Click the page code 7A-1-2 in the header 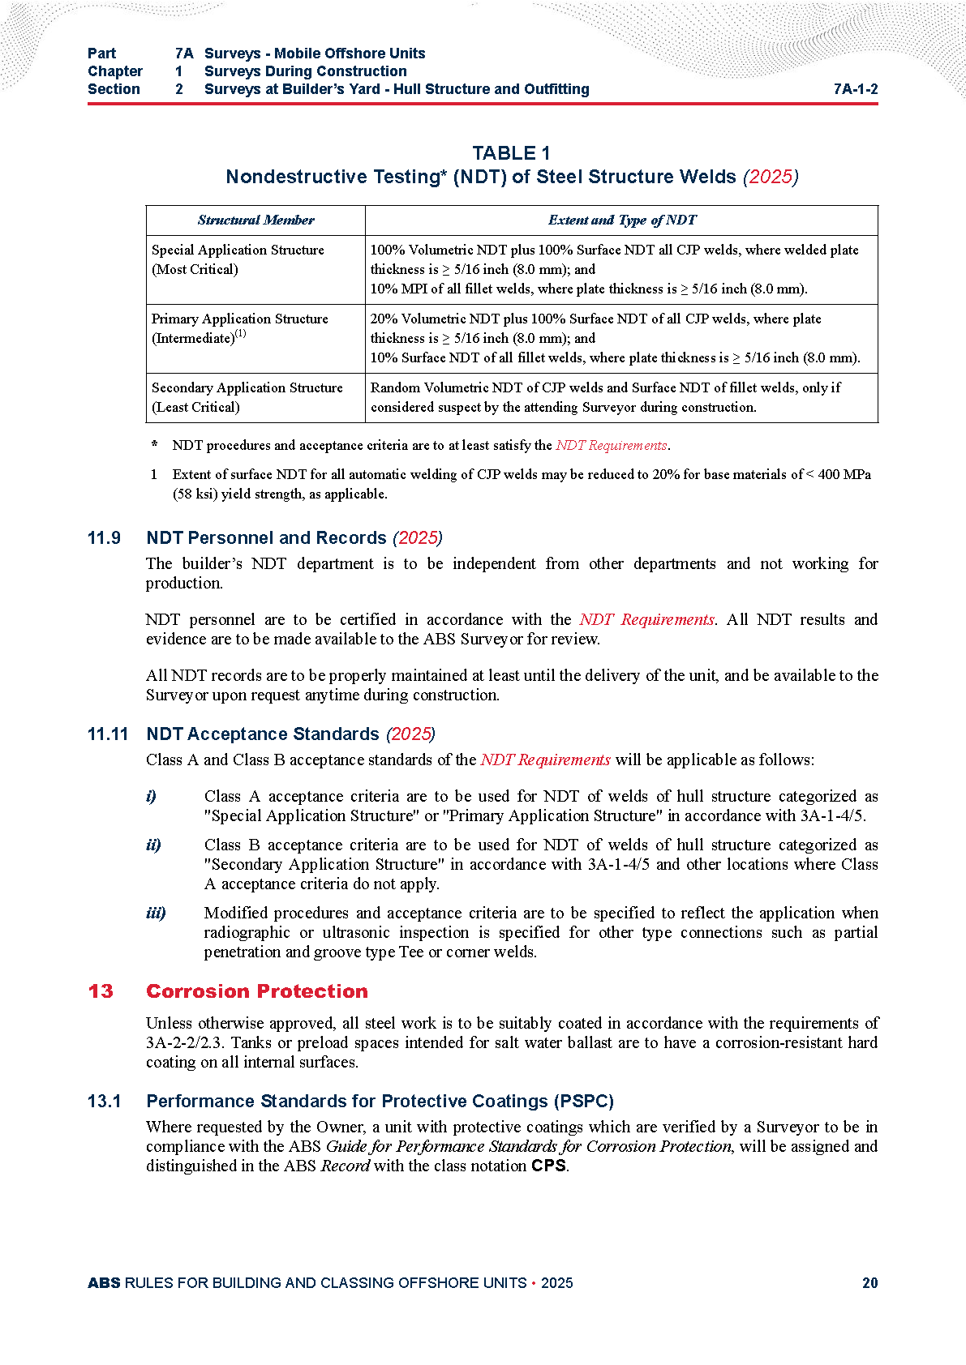[855, 89]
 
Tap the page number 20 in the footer [869, 1282]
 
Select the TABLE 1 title [511, 153]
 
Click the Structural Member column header [255, 220]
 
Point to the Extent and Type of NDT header [621, 220]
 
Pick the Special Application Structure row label [238, 259]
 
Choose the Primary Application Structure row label [239, 328]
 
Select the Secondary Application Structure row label [247, 397]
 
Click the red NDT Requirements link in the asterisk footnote [611, 445]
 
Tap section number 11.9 [104, 538]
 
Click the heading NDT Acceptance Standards [263, 734]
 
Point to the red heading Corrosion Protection [256, 991]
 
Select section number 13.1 [104, 1102]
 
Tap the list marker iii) [156, 913]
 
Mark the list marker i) [151, 796]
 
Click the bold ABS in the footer [104, 1282]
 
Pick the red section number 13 [101, 991]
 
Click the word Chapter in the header [114, 71]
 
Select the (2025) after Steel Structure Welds [771, 177]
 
